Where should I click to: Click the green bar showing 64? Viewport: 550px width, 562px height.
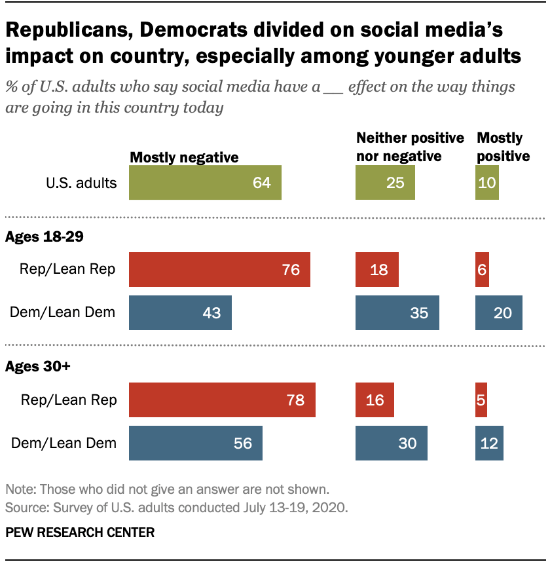205,182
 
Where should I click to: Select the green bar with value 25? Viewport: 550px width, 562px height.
385,182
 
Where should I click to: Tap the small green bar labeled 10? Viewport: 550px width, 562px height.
487,182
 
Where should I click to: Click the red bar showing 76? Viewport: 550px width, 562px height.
219,270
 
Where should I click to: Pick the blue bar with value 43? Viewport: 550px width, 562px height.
180,312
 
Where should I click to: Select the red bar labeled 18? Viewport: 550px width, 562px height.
376,270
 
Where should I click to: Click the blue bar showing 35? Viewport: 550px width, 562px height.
397,312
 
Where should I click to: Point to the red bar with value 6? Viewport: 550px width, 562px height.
482,270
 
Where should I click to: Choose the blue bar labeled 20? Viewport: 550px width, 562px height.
499,312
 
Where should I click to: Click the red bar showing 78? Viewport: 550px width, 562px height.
222,400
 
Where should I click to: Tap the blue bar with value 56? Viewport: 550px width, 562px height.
196,443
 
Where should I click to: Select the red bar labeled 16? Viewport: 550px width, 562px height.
375,400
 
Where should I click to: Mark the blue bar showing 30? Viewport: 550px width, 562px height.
391,443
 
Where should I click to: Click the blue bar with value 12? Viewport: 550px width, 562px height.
488,443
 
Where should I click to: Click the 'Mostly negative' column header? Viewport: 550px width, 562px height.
185,157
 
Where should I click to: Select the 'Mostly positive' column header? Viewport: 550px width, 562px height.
503,147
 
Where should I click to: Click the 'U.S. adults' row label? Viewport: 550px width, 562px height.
81,183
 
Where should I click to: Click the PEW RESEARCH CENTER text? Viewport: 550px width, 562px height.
80,533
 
